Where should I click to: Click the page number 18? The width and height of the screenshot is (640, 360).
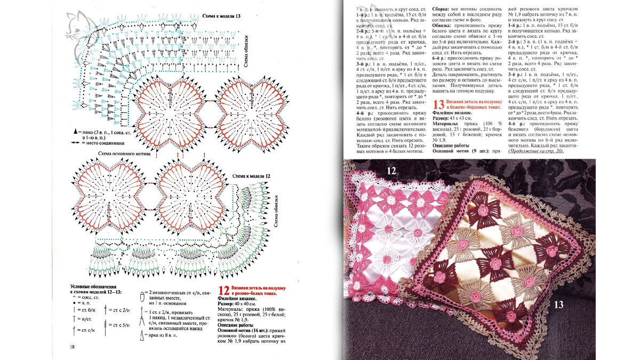[72, 347]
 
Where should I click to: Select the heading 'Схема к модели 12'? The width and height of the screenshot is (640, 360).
[251, 176]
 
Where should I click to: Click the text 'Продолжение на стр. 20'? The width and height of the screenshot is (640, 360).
[535, 151]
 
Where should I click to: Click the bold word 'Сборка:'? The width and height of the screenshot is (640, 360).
[442, 10]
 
